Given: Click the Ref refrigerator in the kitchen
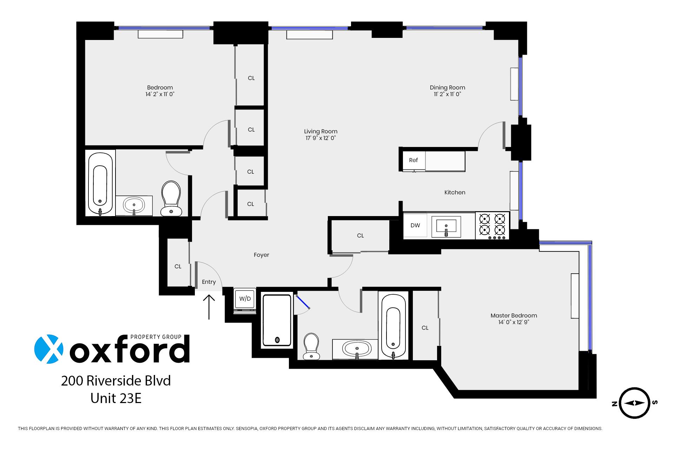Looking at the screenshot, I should coord(413,161).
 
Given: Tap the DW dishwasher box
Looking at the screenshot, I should coord(415,226).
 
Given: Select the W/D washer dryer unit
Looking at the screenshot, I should coord(245,299).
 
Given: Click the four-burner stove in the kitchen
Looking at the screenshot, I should coord(492,226).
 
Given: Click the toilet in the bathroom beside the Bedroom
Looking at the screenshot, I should coord(171,198).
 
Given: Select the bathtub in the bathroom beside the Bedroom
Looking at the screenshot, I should coord(100,183).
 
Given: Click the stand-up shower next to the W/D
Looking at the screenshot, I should coord(277,320).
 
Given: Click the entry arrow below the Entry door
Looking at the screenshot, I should coord(209,307).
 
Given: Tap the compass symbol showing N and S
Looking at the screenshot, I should coord(635,403).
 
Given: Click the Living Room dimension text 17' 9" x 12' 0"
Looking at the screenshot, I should coord(321,138).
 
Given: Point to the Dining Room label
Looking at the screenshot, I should coord(447,88).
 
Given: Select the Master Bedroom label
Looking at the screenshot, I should coord(514,316).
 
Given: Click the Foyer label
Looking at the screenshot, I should coord(262,255).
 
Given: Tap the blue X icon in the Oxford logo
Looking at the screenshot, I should coord(49,349).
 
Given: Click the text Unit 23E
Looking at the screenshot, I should coord(116,398).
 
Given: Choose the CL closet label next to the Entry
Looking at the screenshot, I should coord(178,267).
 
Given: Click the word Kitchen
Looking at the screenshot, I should coord(455,193).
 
